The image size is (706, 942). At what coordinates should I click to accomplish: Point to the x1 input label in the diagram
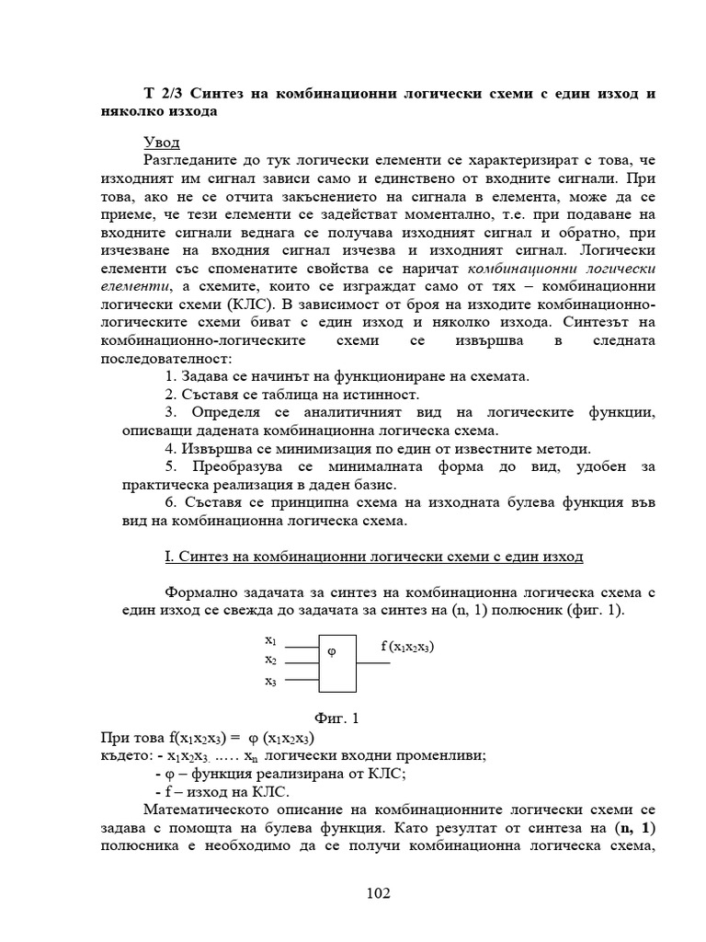click(271, 639)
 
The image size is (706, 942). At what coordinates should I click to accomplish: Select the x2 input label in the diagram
click(271, 660)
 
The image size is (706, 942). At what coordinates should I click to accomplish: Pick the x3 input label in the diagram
click(271, 681)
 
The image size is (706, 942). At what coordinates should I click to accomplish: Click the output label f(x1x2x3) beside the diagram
click(407, 647)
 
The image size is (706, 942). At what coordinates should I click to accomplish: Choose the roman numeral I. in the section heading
click(167, 557)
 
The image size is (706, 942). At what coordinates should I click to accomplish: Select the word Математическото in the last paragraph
click(205, 809)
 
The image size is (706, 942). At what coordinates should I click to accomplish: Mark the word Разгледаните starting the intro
click(195, 161)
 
